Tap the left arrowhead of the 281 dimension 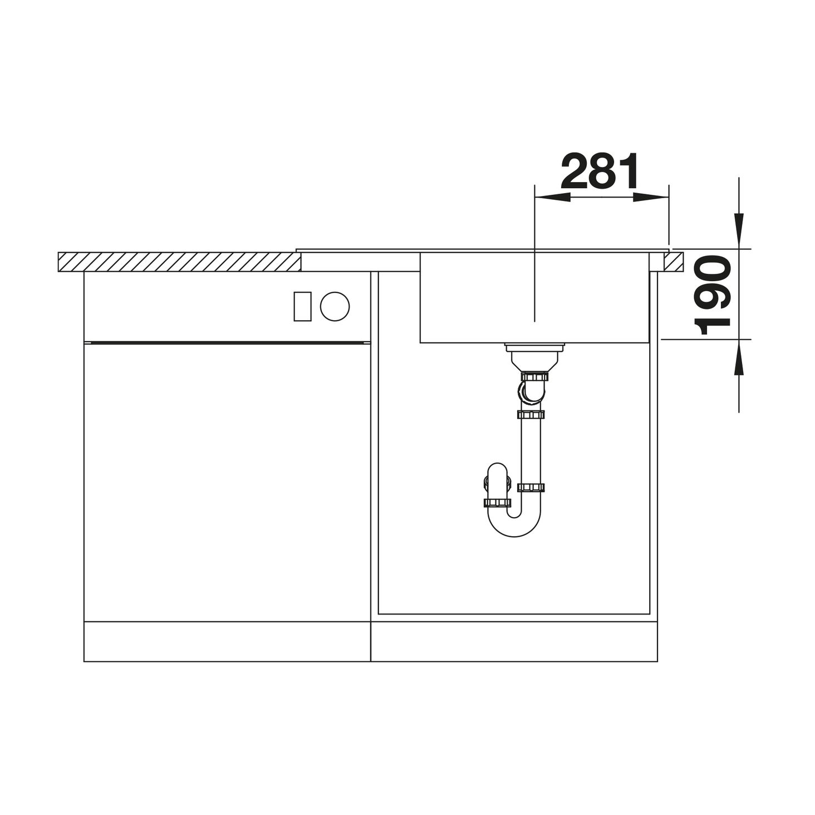tap(552, 197)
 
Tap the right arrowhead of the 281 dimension tap(651, 197)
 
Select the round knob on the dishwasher tap(335, 306)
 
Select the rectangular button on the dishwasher tap(303, 306)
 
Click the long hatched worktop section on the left tap(179, 262)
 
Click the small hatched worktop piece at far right tap(673, 262)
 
